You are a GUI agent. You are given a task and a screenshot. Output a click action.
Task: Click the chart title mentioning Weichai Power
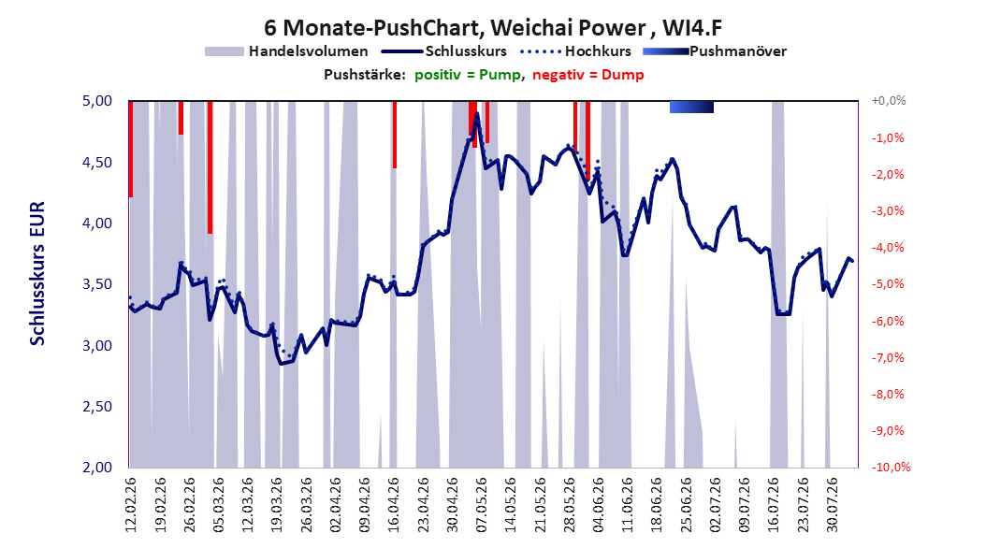point(492,28)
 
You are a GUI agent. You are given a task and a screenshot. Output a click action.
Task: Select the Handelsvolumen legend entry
point(287,51)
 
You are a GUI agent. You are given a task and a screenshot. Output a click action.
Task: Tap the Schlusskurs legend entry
point(444,51)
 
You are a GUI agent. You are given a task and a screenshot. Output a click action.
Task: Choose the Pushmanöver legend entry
point(715,51)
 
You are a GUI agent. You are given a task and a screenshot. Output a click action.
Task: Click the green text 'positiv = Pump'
point(468,75)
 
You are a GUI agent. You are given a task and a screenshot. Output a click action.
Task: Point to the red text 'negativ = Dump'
point(588,75)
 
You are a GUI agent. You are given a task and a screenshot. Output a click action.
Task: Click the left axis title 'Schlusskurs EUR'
point(37,273)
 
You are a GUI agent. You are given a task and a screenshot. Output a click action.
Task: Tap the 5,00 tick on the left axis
point(97,101)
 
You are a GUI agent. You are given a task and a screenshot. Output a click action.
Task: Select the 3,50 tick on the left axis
point(97,284)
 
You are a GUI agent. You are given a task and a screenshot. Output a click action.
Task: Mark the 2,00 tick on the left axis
point(97,467)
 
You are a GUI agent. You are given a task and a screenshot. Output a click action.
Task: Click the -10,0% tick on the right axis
point(891,467)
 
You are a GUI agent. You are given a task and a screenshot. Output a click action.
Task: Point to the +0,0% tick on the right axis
point(889,101)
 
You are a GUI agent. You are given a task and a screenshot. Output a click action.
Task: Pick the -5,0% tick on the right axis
point(888,284)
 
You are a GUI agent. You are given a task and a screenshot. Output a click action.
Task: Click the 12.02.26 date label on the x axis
point(131,505)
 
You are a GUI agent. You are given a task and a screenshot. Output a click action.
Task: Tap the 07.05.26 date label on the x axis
point(482,505)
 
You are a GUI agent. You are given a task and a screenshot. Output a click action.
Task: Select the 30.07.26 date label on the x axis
point(833,505)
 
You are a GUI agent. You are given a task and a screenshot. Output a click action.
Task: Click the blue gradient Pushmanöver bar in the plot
point(691,107)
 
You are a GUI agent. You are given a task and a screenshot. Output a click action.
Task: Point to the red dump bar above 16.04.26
point(394,135)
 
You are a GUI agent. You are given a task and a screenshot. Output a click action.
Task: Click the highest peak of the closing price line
point(477,114)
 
